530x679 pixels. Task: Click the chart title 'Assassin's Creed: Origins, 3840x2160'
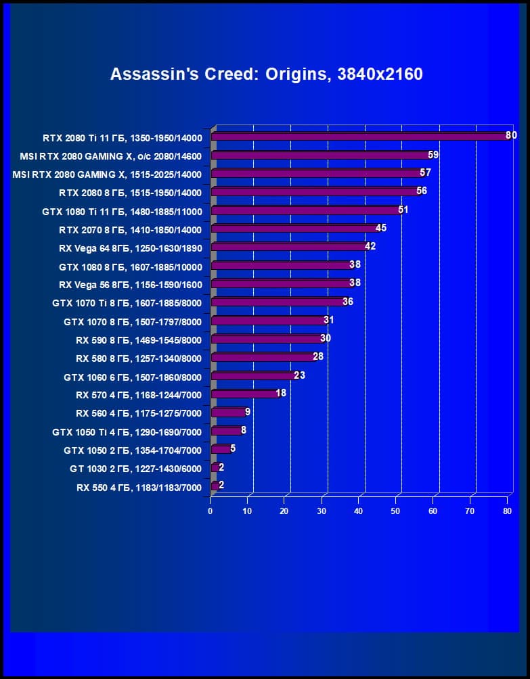[x=266, y=74]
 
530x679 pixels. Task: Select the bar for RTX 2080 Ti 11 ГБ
[x=359, y=137]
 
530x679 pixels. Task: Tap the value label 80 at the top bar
[x=511, y=135]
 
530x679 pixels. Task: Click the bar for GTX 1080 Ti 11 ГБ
[x=305, y=210]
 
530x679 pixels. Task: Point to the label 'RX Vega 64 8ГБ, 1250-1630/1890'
[x=131, y=248]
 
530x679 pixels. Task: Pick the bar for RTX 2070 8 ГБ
[x=294, y=229]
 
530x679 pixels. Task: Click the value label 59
[x=433, y=155]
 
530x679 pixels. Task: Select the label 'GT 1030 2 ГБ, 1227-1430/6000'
[x=135, y=468]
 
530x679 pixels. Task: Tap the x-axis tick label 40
[x=359, y=511]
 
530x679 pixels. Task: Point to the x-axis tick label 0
[x=211, y=511]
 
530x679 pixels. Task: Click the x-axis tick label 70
[x=470, y=511]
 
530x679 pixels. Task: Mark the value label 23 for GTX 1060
[x=299, y=375]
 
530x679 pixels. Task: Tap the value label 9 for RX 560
[x=248, y=411]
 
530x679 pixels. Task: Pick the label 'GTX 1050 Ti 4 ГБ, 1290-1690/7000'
[x=127, y=431]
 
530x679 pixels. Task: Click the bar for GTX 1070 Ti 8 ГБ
[x=278, y=302]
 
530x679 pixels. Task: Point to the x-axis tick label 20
[x=285, y=511]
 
